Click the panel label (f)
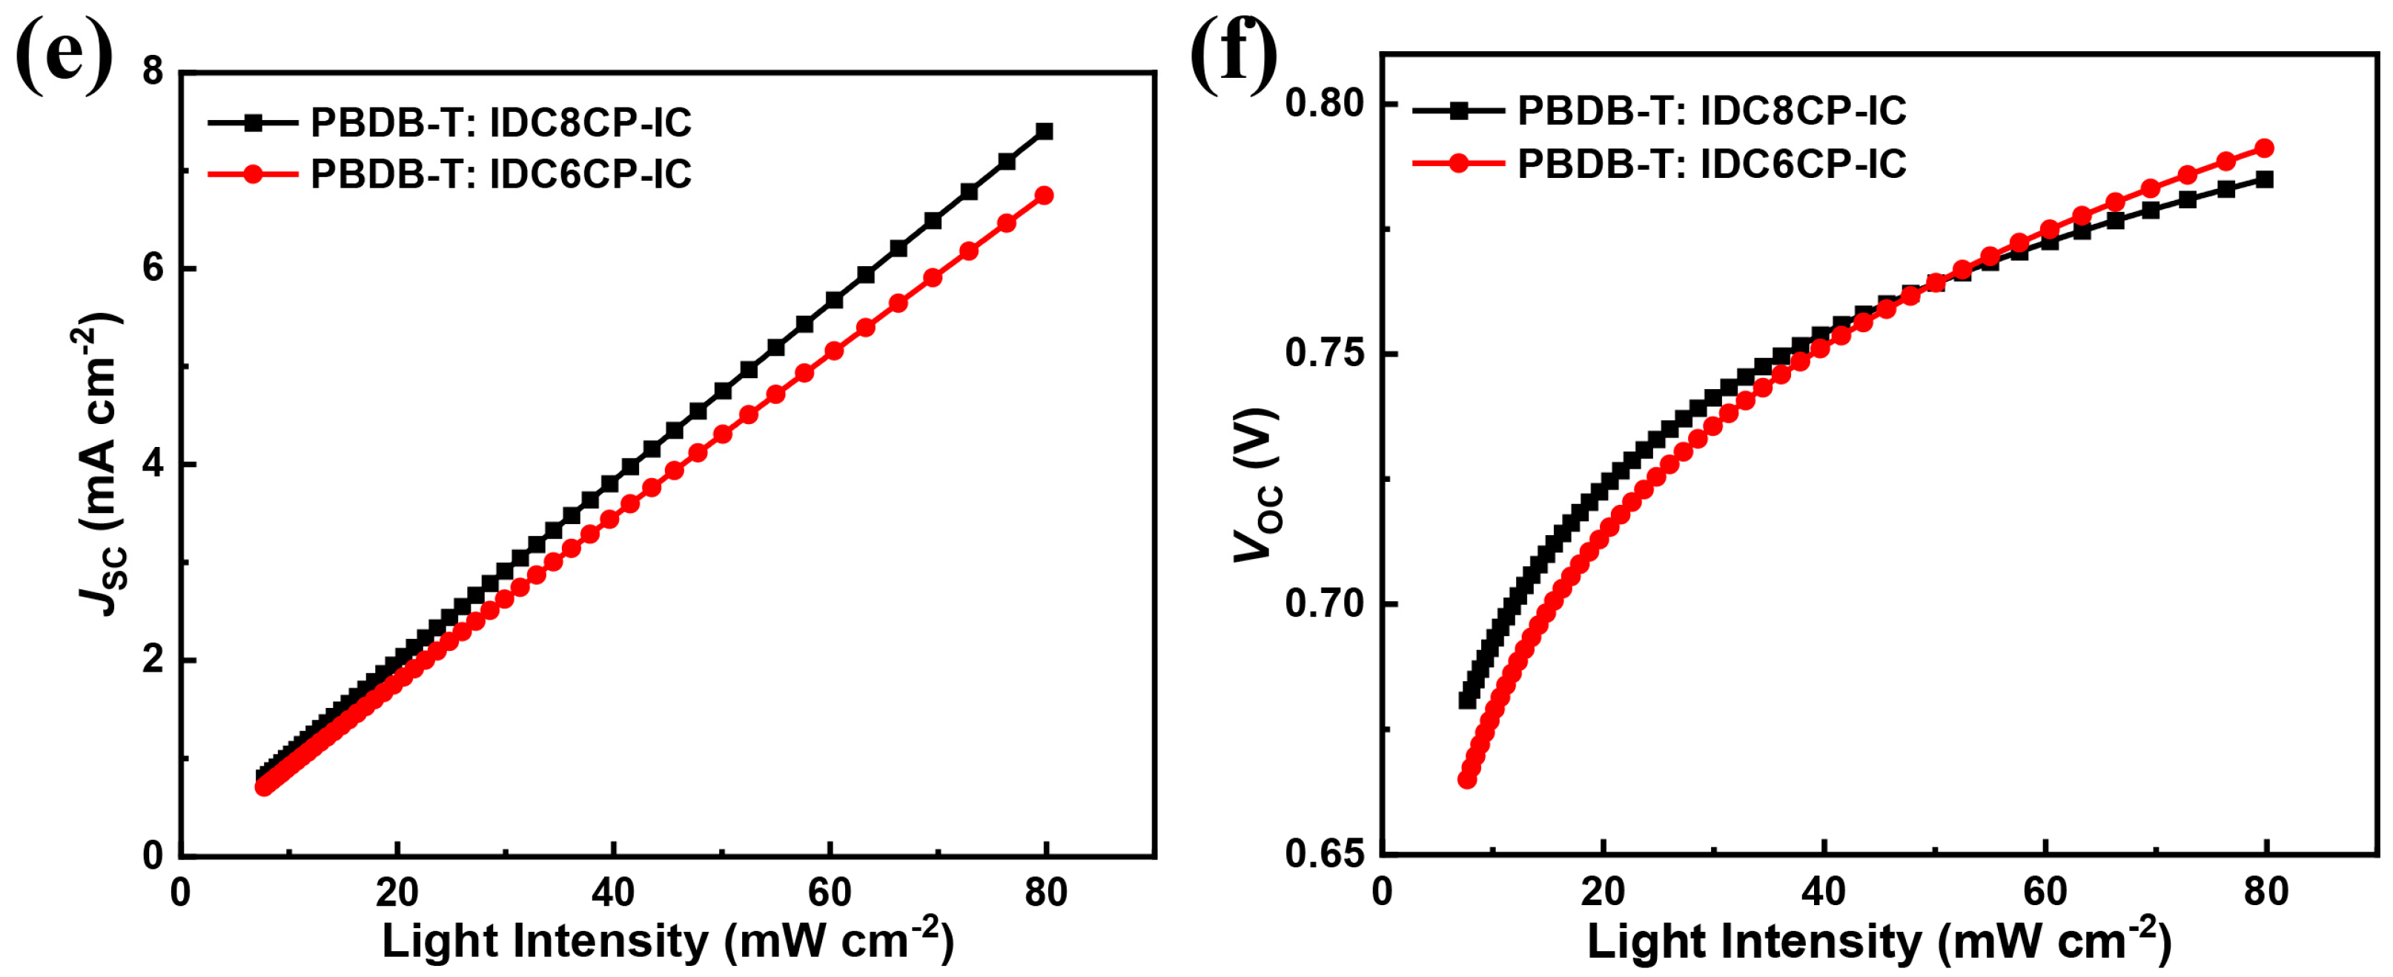click(1234, 54)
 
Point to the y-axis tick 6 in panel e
click(153, 268)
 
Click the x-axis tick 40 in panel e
click(613, 893)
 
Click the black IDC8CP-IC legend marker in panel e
click(253, 122)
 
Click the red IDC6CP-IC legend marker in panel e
click(253, 173)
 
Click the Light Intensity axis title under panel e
click(667, 941)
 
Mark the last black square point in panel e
click(1044, 131)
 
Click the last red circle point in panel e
click(1044, 195)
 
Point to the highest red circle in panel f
click(2265, 148)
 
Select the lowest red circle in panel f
click(1468, 779)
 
